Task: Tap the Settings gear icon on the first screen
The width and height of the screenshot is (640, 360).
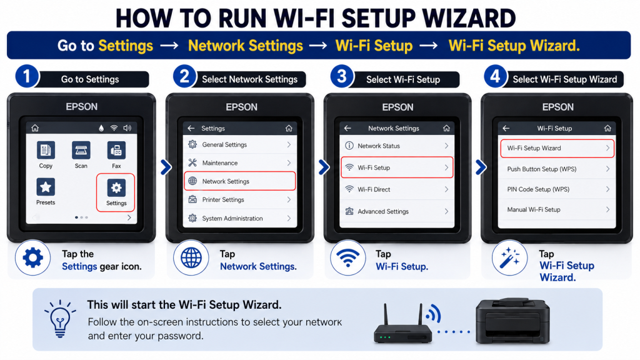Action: [116, 187]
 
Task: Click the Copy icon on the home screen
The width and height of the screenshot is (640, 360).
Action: [46, 150]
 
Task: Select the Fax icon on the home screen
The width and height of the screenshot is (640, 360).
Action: [116, 150]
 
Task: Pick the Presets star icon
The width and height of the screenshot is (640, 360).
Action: [45, 187]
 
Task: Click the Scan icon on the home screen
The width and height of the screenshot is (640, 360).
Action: [81, 150]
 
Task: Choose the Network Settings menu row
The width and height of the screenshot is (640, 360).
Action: [240, 181]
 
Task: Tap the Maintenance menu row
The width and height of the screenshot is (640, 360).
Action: [240, 163]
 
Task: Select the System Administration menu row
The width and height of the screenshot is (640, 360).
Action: [240, 218]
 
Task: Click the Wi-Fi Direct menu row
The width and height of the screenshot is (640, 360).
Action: [397, 189]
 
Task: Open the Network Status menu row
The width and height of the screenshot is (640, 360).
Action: [397, 146]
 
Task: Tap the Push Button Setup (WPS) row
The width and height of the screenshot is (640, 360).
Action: [557, 169]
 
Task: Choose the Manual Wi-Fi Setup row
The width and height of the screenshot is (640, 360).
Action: [557, 209]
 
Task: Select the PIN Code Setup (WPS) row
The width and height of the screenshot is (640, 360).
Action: [557, 189]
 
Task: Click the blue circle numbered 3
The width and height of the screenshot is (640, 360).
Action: [342, 76]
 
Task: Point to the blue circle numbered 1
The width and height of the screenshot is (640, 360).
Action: [27, 76]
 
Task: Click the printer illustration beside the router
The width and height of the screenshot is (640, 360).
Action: [512, 321]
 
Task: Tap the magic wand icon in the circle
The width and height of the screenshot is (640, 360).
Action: [509, 258]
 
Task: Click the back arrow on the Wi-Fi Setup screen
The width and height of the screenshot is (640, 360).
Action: [506, 128]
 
